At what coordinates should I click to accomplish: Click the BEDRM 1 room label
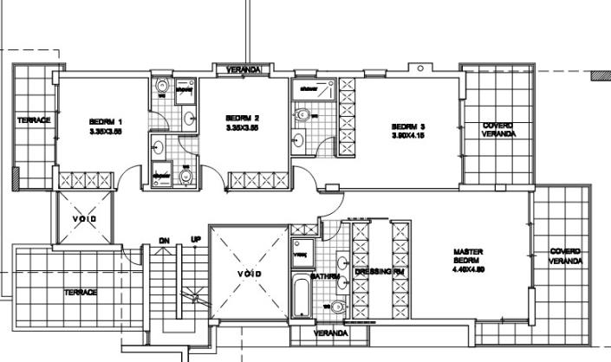107,121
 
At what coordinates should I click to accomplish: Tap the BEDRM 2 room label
243,118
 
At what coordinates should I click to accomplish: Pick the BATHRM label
324,277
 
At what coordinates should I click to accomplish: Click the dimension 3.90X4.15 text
408,136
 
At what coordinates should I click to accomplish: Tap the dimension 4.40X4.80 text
468,269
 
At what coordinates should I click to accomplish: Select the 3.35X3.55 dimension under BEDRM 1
107,133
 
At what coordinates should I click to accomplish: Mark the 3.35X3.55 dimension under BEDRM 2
243,128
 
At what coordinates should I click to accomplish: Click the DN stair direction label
164,240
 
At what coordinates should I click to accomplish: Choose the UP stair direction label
196,240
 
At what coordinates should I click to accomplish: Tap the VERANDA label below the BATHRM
330,333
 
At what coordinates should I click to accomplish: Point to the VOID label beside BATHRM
249,275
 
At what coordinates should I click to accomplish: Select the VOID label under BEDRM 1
84,217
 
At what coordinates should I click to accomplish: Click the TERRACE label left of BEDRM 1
34,120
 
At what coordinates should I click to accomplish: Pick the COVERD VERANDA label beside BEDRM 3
497,130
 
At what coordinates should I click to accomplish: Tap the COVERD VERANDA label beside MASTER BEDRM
566,257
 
